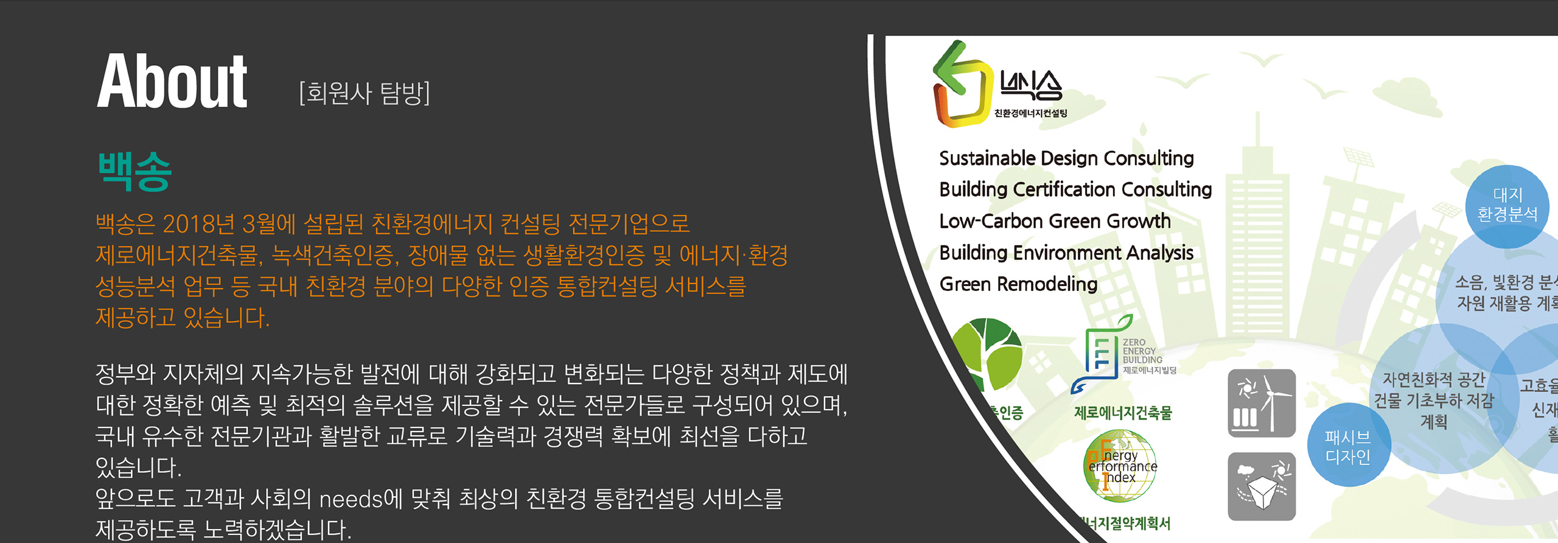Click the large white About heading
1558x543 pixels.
click(x=172, y=81)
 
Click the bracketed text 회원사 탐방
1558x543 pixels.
click(x=365, y=93)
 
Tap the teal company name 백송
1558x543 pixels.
click(x=135, y=172)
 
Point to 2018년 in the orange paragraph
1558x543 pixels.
click(x=198, y=224)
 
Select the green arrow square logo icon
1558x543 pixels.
click(x=961, y=85)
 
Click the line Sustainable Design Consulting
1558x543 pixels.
click(x=1066, y=158)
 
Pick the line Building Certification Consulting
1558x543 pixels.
click(x=1075, y=189)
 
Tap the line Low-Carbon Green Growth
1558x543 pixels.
click(x=1055, y=221)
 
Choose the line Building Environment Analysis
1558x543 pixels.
click(x=1066, y=253)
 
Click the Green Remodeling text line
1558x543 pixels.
click(x=1018, y=284)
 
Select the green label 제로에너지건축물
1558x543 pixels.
click(x=1123, y=413)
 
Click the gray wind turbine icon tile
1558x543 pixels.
click(x=1262, y=403)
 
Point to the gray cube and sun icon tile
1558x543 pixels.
click(x=1262, y=486)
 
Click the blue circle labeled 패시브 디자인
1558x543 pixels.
click(x=1348, y=446)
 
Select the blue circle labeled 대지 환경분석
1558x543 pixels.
click(x=1507, y=205)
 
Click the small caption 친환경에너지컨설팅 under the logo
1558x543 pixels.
click(x=1030, y=113)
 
